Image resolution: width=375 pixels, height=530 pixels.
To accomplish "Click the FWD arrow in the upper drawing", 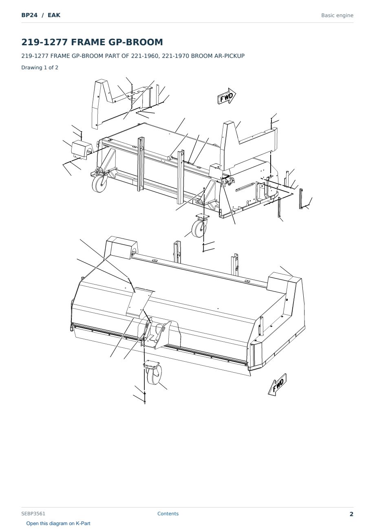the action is [227, 96].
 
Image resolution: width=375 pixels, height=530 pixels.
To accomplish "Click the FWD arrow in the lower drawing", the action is [277, 384].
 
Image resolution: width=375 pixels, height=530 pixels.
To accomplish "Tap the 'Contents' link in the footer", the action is [168, 513].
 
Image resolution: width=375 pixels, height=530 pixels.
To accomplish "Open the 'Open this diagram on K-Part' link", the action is [58, 523].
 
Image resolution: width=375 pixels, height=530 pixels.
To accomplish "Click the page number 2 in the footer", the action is [351, 514].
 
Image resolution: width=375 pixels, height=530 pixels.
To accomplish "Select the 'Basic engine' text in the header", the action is [337, 15].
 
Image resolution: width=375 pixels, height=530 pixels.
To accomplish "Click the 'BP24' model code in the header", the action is [29, 15].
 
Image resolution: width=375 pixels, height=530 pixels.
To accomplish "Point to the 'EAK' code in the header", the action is [54, 15].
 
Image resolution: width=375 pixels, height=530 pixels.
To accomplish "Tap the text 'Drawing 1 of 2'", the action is [40, 67].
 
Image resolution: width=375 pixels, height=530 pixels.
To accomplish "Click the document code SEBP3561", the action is [33, 514].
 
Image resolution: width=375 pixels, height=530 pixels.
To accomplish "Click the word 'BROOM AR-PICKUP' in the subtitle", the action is [218, 56].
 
